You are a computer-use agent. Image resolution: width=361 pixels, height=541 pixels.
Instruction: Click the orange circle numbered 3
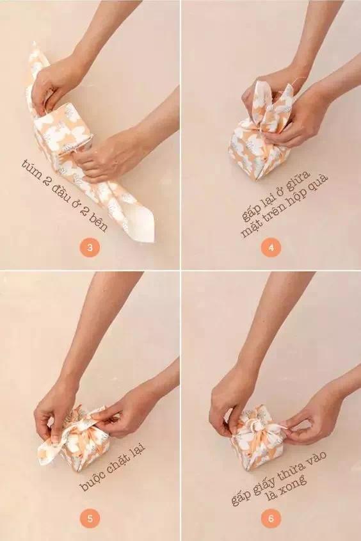click(90, 248)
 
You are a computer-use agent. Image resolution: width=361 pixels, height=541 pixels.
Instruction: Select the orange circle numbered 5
click(90, 519)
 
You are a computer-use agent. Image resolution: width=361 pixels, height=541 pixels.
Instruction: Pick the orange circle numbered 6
click(270, 519)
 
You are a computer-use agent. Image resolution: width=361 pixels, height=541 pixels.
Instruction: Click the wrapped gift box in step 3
click(64, 134)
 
